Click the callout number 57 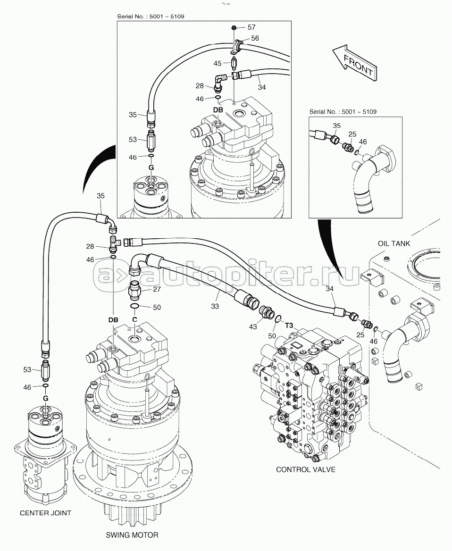pyautogui.click(x=251, y=28)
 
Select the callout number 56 pyautogui.click(x=254, y=38)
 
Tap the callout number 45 pyautogui.click(x=217, y=63)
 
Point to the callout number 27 pyautogui.click(x=157, y=290)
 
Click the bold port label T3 pyautogui.click(x=289, y=325)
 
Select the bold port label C pyautogui.click(x=134, y=319)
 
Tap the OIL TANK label pyautogui.click(x=394, y=243)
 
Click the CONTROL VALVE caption pyautogui.click(x=306, y=469)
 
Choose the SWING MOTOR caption pyautogui.click(x=133, y=535)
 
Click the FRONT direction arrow pyautogui.click(x=354, y=62)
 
